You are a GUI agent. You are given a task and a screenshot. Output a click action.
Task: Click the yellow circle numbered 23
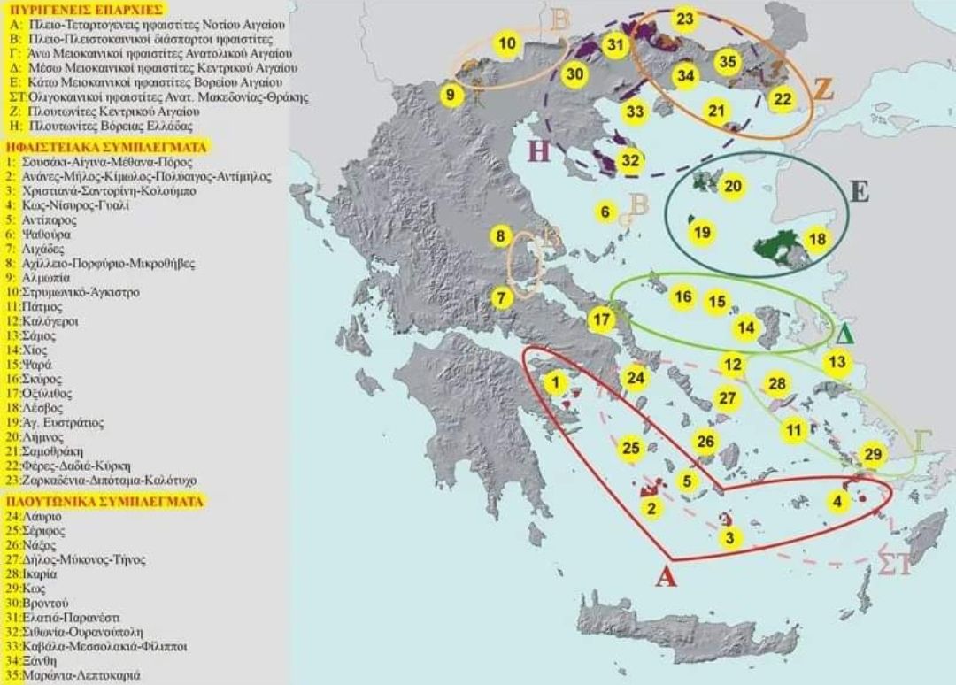684,19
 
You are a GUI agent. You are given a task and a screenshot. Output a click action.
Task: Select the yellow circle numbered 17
602,319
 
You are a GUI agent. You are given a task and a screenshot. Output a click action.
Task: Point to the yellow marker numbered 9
451,95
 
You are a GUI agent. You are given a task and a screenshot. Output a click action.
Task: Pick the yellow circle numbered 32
629,161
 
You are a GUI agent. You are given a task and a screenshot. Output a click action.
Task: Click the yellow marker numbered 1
555,382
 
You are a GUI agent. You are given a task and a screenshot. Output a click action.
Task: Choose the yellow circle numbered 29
873,455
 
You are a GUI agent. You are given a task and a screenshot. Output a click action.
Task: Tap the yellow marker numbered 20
733,186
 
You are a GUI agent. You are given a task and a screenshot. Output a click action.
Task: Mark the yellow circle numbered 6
605,212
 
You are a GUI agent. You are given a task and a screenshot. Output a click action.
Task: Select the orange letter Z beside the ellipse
822,89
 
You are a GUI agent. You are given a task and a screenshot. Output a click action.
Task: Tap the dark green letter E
856,192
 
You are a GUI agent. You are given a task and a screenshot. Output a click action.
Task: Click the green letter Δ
844,335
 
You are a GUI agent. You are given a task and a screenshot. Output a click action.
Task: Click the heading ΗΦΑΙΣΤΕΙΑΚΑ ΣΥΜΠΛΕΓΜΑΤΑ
106,147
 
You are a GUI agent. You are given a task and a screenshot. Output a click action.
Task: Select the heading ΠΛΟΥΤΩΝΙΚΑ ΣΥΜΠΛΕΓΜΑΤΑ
104,501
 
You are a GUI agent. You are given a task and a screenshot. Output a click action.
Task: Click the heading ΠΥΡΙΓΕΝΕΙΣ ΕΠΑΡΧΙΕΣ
82,10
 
